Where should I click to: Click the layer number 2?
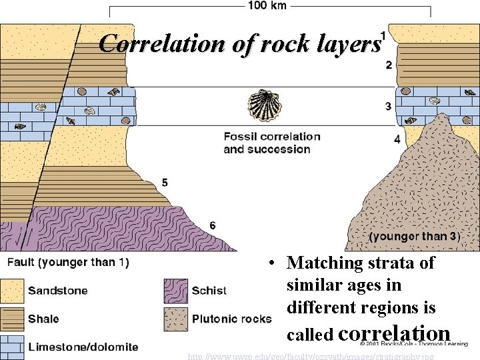(389, 65)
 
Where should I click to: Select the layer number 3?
(389, 106)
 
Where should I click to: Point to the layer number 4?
(397, 139)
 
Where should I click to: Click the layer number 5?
(165, 183)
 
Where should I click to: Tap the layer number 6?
(212, 225)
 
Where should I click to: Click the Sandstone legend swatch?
(11, 291)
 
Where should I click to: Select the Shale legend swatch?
(11, 319)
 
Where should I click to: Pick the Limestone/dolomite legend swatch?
(11, 347)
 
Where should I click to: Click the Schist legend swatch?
(175, 291)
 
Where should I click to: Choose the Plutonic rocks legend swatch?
(175, 319)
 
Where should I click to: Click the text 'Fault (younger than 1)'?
(68, 262)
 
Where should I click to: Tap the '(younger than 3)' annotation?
(415, 237)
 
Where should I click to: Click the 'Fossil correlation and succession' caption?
(271, 143)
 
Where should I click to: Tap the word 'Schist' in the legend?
(209, 291)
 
